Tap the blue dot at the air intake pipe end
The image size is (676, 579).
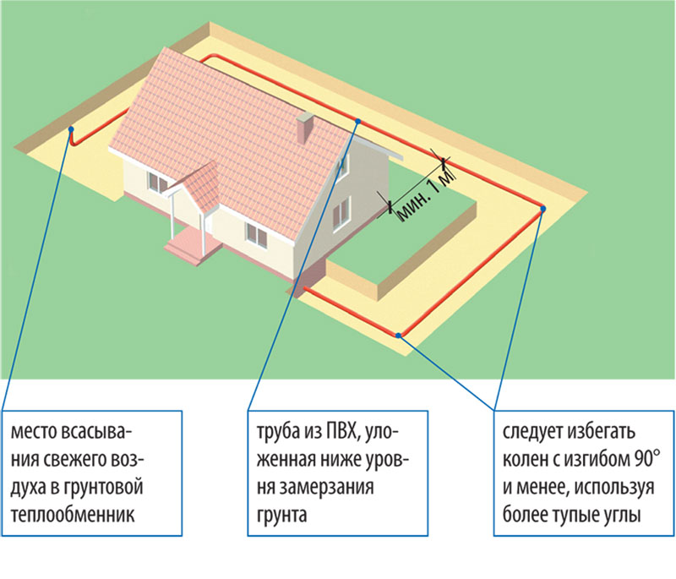click(x=71, y=129)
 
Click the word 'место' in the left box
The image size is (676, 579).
click(x=34, y=432)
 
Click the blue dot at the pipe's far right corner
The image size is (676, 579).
click(x=542, y=209)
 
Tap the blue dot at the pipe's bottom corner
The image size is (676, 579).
click(x=399, y=335)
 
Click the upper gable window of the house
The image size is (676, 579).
click(x=342, y=164)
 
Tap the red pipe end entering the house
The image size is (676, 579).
click(x=306, y=288)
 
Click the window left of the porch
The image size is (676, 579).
click(x=158, y=182)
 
